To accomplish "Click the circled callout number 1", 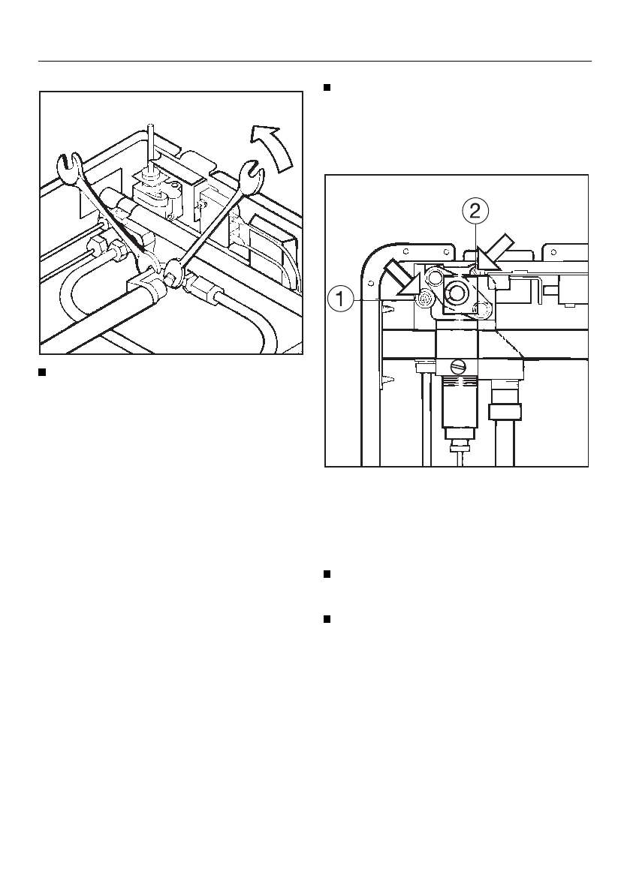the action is click(340, 300).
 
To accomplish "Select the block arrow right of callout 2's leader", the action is click(496, 251).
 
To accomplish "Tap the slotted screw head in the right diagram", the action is click(458, 366).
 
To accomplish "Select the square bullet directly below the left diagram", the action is click(44, 371).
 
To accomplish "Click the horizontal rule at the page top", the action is click(315, 62).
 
